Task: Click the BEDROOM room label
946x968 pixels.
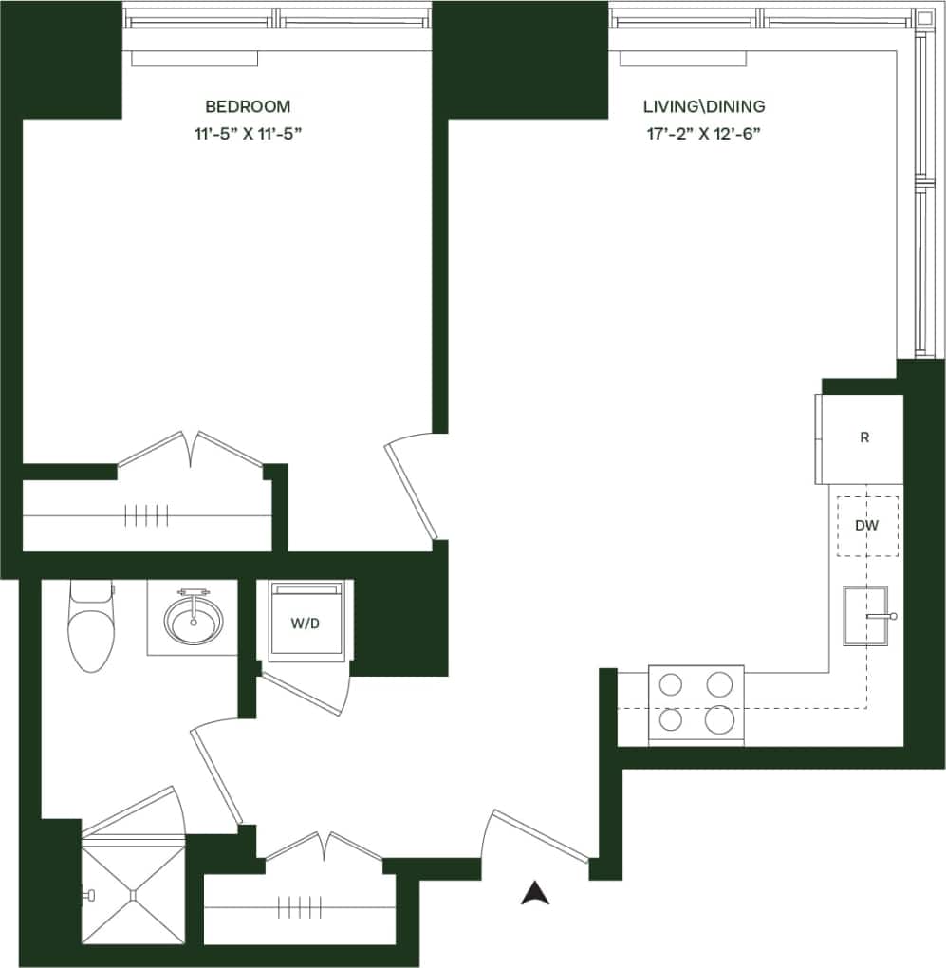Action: click(248, 106)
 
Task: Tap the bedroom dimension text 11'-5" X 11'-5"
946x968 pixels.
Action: click(248, 134)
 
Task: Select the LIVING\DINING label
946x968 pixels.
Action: click(703, 106)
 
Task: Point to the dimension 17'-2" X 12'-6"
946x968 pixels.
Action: click(703, 134)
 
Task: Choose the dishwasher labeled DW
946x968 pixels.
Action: click(866, 525)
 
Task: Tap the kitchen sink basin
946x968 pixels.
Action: click(864, 616)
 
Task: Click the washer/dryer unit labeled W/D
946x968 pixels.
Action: click(305, 623)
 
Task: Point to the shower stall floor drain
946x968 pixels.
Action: click(133, 892)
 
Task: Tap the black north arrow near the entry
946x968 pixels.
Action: click(535, 892)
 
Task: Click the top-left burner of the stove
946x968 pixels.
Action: click(672, 683)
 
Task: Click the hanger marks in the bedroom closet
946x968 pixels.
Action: click(147, 515)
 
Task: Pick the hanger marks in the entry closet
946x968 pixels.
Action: click(295, 907)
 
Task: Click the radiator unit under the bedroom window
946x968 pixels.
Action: click(195, 59)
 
